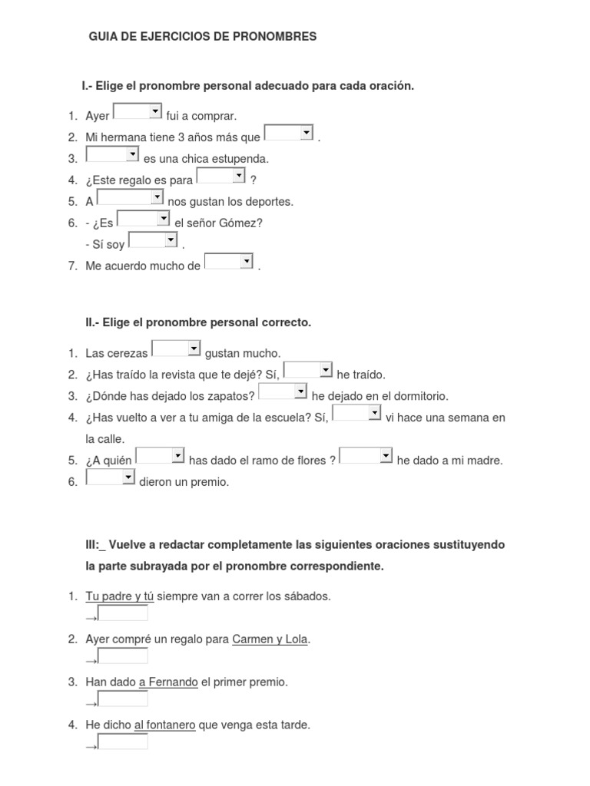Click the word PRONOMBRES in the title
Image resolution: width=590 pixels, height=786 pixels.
click(x=278, y=36)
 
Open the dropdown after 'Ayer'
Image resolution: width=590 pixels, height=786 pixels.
click(x=138, y=113)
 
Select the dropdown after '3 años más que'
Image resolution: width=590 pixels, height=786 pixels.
click(x=289, y=134)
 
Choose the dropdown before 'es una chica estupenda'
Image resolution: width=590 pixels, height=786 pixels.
click(x=112, y=155)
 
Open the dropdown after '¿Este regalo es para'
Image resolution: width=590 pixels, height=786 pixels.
click(x=221, y=177)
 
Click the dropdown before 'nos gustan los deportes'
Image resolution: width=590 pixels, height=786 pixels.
click(x=131, y=198)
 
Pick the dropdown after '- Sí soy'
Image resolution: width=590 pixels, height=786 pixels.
click(x=153, y=241)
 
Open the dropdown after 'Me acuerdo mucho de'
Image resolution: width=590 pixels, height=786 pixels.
click(x=229, y=263)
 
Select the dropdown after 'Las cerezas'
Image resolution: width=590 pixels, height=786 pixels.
click(x=176, y=349)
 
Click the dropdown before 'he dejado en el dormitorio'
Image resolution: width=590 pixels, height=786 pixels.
click(x=283, y=392)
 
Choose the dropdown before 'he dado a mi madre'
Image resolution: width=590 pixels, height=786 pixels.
click(x=366, y=457)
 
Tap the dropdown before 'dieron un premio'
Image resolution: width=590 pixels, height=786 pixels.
click(x=111, y=478)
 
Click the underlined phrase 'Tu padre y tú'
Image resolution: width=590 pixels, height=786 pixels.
click(x=120, y=596)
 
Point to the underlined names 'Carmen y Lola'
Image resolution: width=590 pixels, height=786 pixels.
click(x=270, y=639)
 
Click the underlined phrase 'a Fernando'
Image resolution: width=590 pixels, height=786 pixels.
click(x=168, y=682)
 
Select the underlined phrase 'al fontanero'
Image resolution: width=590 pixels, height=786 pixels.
click(x=164, y=725)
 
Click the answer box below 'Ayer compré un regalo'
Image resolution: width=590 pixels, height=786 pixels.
click(x=123, y=656)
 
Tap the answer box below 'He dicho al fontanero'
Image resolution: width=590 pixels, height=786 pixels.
click(x=123, y=742)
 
